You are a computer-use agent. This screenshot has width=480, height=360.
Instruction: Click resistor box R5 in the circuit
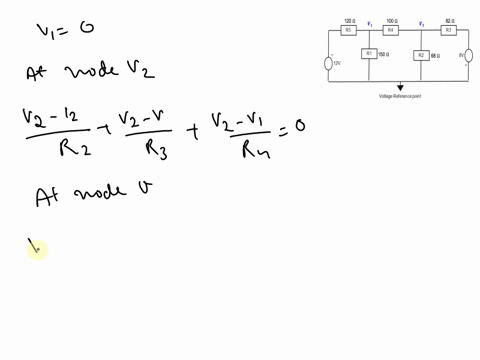coord(348,31)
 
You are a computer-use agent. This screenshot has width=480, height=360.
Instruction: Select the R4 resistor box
coord(391,31)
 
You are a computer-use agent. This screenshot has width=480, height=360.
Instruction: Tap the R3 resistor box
coord(449,31)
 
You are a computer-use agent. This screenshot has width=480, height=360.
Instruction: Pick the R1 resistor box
coord(369,54)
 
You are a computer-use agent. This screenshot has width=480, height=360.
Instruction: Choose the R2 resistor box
coord(421,55)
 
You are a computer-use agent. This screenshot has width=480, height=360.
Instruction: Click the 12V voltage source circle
coord(329,63)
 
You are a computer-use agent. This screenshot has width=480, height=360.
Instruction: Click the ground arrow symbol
coord(401,88)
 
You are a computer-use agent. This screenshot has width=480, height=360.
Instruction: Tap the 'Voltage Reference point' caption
coord(400,97)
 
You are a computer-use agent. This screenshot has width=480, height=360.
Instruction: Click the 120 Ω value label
coord(349,20)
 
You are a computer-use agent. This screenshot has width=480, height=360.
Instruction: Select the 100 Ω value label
coord(392,20)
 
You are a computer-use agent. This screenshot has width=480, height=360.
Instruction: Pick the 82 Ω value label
coord(449,20)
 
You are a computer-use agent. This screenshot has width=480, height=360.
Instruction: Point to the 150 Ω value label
coord(384,54)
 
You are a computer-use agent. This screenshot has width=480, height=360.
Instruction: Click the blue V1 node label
coord(370,22)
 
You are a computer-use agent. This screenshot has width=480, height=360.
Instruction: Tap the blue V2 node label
coord(421,22)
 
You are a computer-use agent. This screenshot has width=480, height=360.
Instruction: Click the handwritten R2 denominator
coord(51,149)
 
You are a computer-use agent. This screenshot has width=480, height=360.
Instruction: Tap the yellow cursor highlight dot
coord(36,249)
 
